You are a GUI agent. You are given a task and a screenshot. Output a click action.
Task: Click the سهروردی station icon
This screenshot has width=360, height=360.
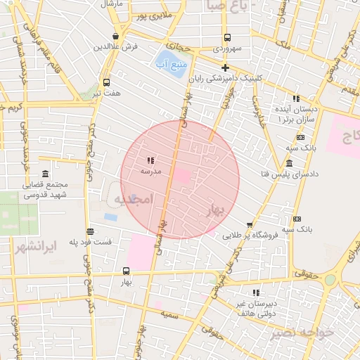tap(227, 37)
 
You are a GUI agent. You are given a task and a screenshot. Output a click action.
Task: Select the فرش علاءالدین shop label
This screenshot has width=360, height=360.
tap(114, 46)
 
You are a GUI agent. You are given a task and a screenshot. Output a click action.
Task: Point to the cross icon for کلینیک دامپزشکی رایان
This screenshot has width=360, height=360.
tap(225, 68)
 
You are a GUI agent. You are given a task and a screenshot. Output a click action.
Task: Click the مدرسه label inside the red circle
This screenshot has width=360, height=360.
tap(151, 171)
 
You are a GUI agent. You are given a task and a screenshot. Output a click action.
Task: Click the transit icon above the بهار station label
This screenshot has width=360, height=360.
tap(127, 271)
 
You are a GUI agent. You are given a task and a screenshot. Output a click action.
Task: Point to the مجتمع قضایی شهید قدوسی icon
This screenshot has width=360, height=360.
tap(46, 174)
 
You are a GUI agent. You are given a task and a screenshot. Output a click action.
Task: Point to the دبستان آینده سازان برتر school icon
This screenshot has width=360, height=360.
tap(296, 98)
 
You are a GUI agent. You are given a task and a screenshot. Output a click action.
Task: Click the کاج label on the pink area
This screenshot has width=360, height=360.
tap(348, 137)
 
